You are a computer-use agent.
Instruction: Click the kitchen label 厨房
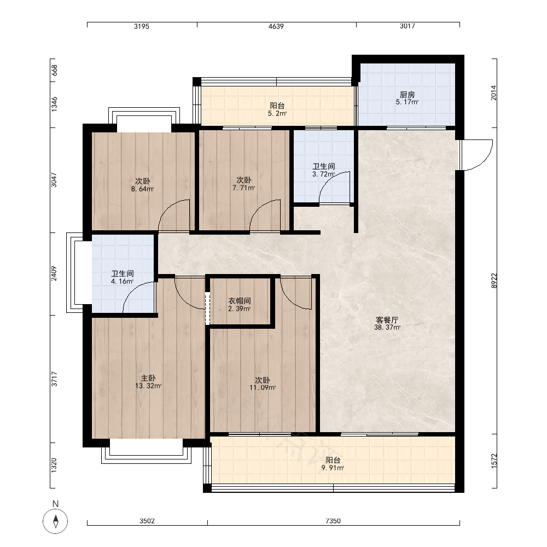(407, 95)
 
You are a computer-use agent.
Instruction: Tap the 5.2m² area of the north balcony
(277, 113)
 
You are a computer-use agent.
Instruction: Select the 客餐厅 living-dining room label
(387, 320)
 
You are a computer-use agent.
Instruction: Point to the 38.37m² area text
(387, 328)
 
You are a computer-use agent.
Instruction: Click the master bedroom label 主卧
(148, 378)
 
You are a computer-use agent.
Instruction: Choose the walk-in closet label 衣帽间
(240, 301)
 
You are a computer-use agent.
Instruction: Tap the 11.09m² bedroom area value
(263, 388)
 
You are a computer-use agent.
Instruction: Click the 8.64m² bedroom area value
(142, 189)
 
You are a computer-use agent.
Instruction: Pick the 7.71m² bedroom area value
(244, 188)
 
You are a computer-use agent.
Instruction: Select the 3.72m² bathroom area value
(323, 174)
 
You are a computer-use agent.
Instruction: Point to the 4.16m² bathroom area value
(123, 282)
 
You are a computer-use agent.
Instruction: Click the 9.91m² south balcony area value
(333, 468)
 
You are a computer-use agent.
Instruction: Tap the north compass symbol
(55, 521)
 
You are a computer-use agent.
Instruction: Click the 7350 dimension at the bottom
(333, 521)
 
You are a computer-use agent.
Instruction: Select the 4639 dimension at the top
(276, 26)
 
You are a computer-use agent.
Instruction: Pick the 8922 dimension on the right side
(493, 281)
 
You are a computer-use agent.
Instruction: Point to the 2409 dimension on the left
(54, 274)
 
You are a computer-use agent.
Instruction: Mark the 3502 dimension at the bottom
(147, 521)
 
